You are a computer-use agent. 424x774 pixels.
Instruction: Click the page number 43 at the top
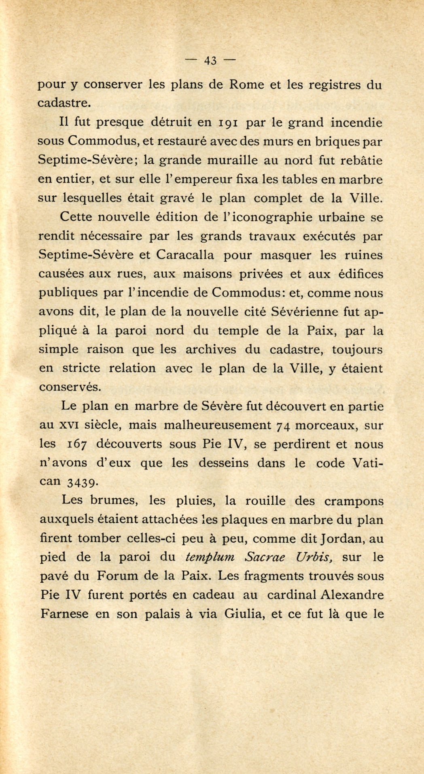click(x=210, y=61)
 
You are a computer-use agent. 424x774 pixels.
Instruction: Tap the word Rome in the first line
click(x=246, y=85)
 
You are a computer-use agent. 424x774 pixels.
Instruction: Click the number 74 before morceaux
click(x=283, y=426)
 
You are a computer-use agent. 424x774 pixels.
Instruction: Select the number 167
click(x=76, y=444)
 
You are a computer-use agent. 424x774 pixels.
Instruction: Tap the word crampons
click(x=354, y=501)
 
